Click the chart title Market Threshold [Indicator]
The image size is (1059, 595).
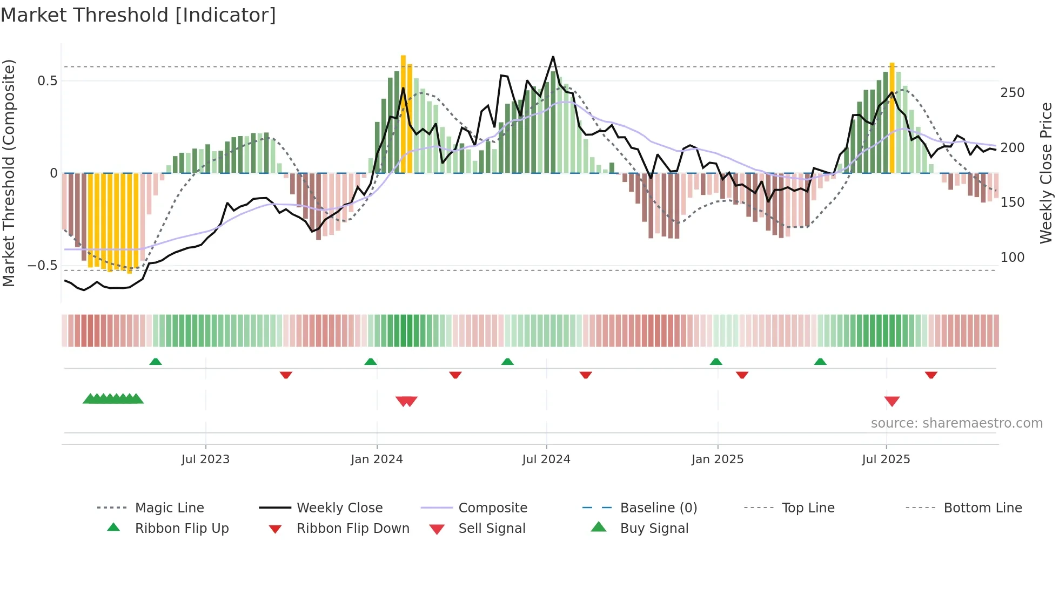pos(138,15)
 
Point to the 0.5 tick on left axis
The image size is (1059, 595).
pos(47,81)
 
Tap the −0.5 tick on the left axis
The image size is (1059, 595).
pos(43,266)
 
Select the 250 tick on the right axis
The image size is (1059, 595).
pos(1012,93)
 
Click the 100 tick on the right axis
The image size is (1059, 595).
pos(1012,258)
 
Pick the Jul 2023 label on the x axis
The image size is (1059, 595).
pos(205,459)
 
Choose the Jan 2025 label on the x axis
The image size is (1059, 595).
pos(717,459)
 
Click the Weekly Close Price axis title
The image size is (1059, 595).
pos(1046,173)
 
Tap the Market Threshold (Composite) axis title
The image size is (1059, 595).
pos(9,173)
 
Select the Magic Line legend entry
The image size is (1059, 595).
pos(169,508)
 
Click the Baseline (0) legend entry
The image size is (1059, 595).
pos(658,508)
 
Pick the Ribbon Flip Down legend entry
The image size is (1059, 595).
pos(352,529)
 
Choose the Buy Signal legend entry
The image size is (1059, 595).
pos(654,529)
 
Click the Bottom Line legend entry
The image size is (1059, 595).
pos(982,508)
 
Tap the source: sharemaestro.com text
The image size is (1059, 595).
pos(956,423)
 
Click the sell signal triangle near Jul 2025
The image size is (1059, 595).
pos(892,401)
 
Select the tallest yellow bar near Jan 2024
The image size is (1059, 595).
pos(403,113)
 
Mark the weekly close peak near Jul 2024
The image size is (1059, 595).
pos(553,57)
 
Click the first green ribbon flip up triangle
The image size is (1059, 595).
pos(156,362)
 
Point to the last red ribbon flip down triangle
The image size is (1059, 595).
pos(930,375)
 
